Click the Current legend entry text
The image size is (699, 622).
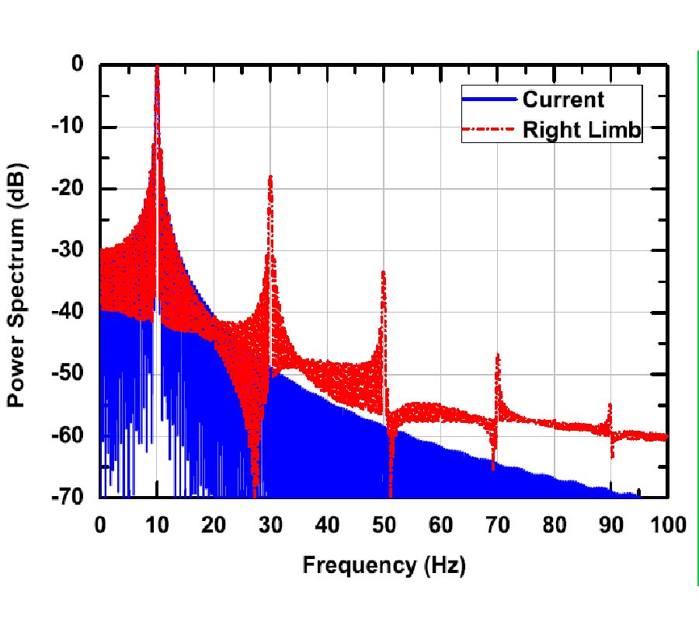[563, 99]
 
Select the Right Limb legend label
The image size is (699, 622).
[582, 131]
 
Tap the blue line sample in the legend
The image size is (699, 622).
[489, 99]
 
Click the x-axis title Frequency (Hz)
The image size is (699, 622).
[384, 565]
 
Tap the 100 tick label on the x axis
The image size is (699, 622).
[667, 525]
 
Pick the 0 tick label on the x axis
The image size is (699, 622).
[100, 525]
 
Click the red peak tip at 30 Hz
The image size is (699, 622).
[270, 177]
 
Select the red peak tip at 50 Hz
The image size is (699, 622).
[384, 272]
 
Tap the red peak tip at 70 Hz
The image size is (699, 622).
[497, 355]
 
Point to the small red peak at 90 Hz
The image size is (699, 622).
[610, 404]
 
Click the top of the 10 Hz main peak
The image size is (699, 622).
[157, 68]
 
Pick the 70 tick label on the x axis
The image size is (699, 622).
[497, 525]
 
